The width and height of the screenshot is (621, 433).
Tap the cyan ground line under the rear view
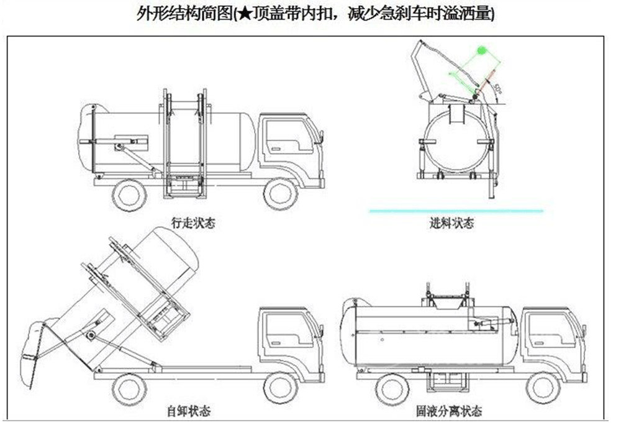pyautogui.click(x=456, y=211)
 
